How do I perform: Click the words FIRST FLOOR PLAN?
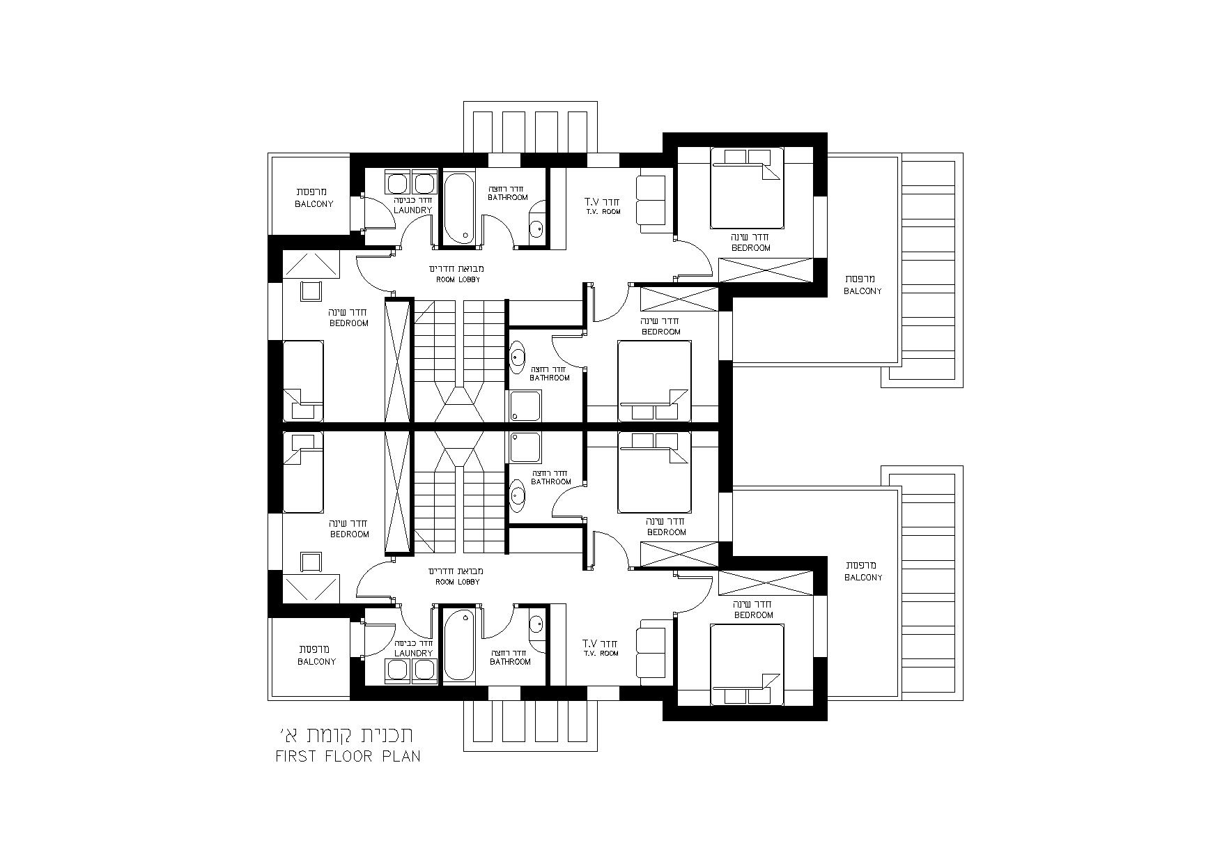[x=348, y=756]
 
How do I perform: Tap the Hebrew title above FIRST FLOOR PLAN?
[x=348, y=734]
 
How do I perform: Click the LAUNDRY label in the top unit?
[x=413, y=210]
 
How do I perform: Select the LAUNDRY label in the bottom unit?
[x=413, y=653]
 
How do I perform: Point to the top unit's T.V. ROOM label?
[x=602, y=211]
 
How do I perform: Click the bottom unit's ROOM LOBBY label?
[x=457, y=582]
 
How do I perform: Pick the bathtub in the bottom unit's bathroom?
[x=459, y=645]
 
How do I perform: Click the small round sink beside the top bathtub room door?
[x=536, y=229]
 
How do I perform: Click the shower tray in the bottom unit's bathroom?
[x=525, y=447]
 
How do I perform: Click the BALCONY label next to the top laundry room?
[x=314, y=204]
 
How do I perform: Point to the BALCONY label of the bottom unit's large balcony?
[x=863, y=578]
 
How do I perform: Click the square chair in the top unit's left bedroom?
[x=311, y=291]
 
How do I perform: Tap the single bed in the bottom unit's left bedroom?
[x=303, y=472]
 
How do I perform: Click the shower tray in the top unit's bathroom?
[x=525, y=406]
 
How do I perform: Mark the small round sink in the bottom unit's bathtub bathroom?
[x=536, y=624]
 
